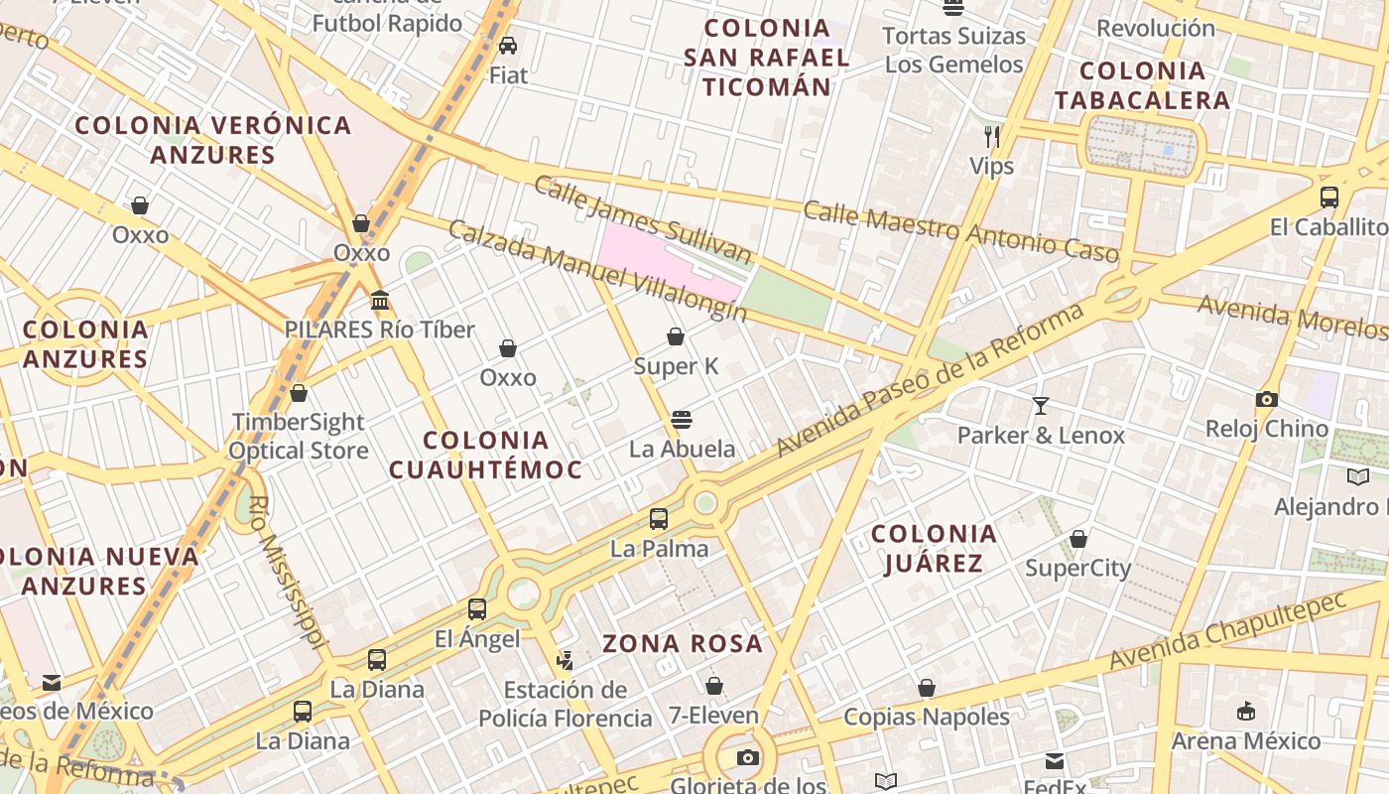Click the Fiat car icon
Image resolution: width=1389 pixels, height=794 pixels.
tap(508, 46)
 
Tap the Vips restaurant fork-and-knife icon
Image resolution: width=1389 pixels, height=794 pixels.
tap(992, 136)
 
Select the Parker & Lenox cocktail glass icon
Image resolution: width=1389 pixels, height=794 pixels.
tap(1041, 405)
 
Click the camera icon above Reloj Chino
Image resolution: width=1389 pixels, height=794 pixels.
tap(1267, 399)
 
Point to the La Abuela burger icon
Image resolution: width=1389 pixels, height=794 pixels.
tap(681, 419)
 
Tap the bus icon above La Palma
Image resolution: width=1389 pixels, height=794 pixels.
tap(659, 518)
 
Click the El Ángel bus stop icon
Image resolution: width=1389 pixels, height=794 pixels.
tap(477, 608)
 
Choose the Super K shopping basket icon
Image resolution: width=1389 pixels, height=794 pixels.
tap(676, 337)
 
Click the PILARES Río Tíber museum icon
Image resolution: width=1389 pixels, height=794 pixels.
tap(380, 300)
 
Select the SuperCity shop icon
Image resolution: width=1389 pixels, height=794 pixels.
tap(1078, 539)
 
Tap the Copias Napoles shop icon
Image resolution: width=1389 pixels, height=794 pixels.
tap(927, 688)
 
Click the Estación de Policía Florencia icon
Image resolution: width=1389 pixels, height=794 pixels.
tap(566, 660)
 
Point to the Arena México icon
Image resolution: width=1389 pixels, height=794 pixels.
tap(1246, 711)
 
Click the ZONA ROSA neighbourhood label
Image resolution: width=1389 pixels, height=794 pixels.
tap(683, 644)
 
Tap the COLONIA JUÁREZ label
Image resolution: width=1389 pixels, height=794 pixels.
tap(933, 549)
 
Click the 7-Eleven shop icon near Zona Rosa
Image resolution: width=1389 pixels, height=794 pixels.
tap(714, 686)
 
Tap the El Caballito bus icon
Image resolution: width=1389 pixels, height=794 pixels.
tap(1329, 198)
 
